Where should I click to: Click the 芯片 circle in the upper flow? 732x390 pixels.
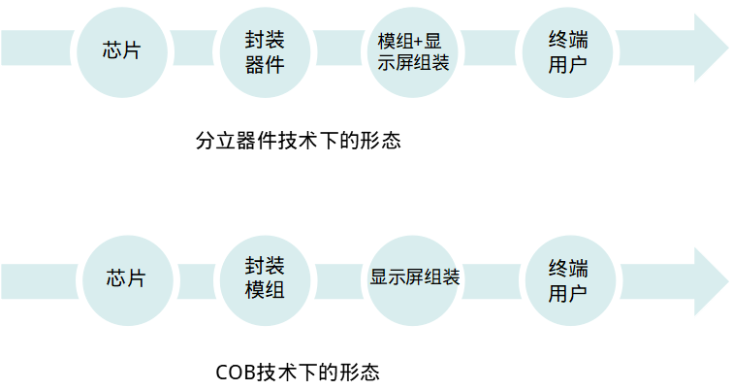click(121, 50)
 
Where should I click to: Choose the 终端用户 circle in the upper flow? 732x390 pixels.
click(567, 50)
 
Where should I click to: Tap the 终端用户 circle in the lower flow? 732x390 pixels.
click(569, 277)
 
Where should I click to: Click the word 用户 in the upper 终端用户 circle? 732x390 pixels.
click(567, 64)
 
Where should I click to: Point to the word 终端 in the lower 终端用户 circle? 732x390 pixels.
click(569, 266)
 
